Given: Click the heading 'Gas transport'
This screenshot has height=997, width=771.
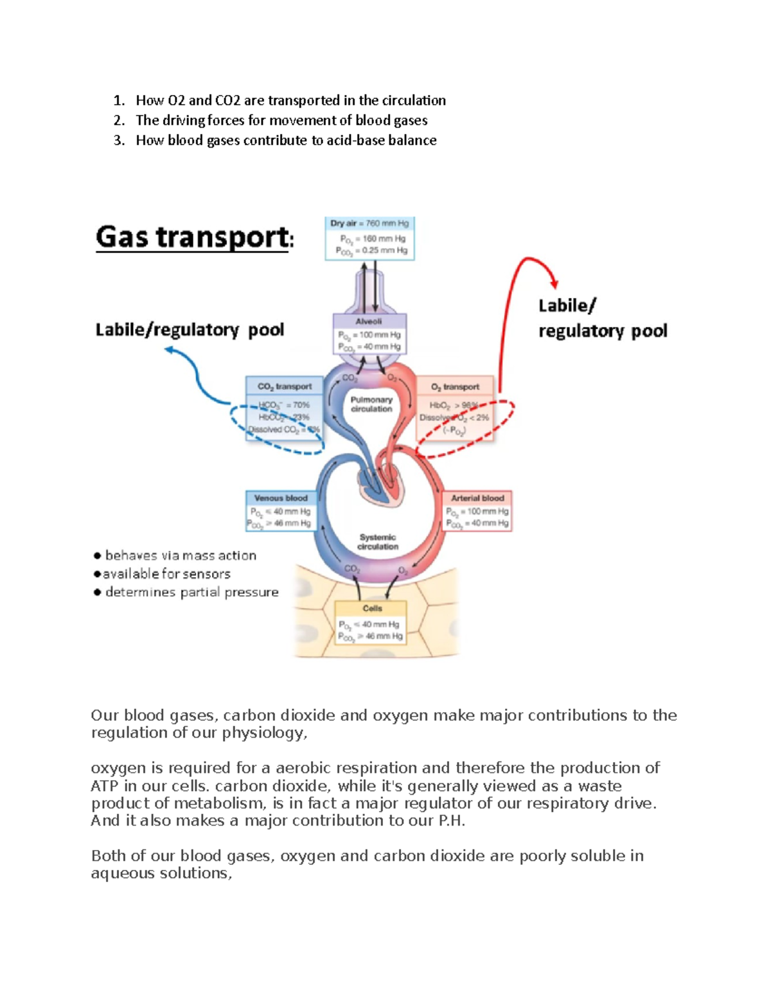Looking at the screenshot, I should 193,238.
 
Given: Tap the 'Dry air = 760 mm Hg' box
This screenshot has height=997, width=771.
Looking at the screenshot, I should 369,238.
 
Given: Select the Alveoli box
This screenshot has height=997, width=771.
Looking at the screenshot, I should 369,333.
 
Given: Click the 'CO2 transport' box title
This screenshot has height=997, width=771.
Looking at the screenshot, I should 284,386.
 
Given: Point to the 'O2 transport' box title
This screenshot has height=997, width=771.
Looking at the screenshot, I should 455,386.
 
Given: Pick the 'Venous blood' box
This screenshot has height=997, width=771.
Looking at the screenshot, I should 281,511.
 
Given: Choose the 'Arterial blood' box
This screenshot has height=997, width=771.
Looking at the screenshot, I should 477,511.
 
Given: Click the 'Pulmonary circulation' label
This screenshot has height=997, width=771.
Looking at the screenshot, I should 371,404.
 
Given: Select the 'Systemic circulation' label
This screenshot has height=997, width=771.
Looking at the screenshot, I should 378,542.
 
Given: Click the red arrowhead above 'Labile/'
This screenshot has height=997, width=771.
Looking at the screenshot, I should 554,284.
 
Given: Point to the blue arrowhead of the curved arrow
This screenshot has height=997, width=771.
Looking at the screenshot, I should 169,350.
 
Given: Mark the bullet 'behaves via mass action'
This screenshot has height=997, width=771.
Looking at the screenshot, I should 180,555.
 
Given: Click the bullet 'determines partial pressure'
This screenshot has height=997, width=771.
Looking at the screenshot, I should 191,592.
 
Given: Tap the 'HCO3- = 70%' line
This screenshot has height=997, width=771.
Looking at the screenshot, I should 284,405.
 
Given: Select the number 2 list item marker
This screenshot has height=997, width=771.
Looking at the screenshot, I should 119,121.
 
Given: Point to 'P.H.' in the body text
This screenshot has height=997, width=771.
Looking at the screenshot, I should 451,821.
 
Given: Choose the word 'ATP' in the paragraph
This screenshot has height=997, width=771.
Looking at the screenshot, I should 105,786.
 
